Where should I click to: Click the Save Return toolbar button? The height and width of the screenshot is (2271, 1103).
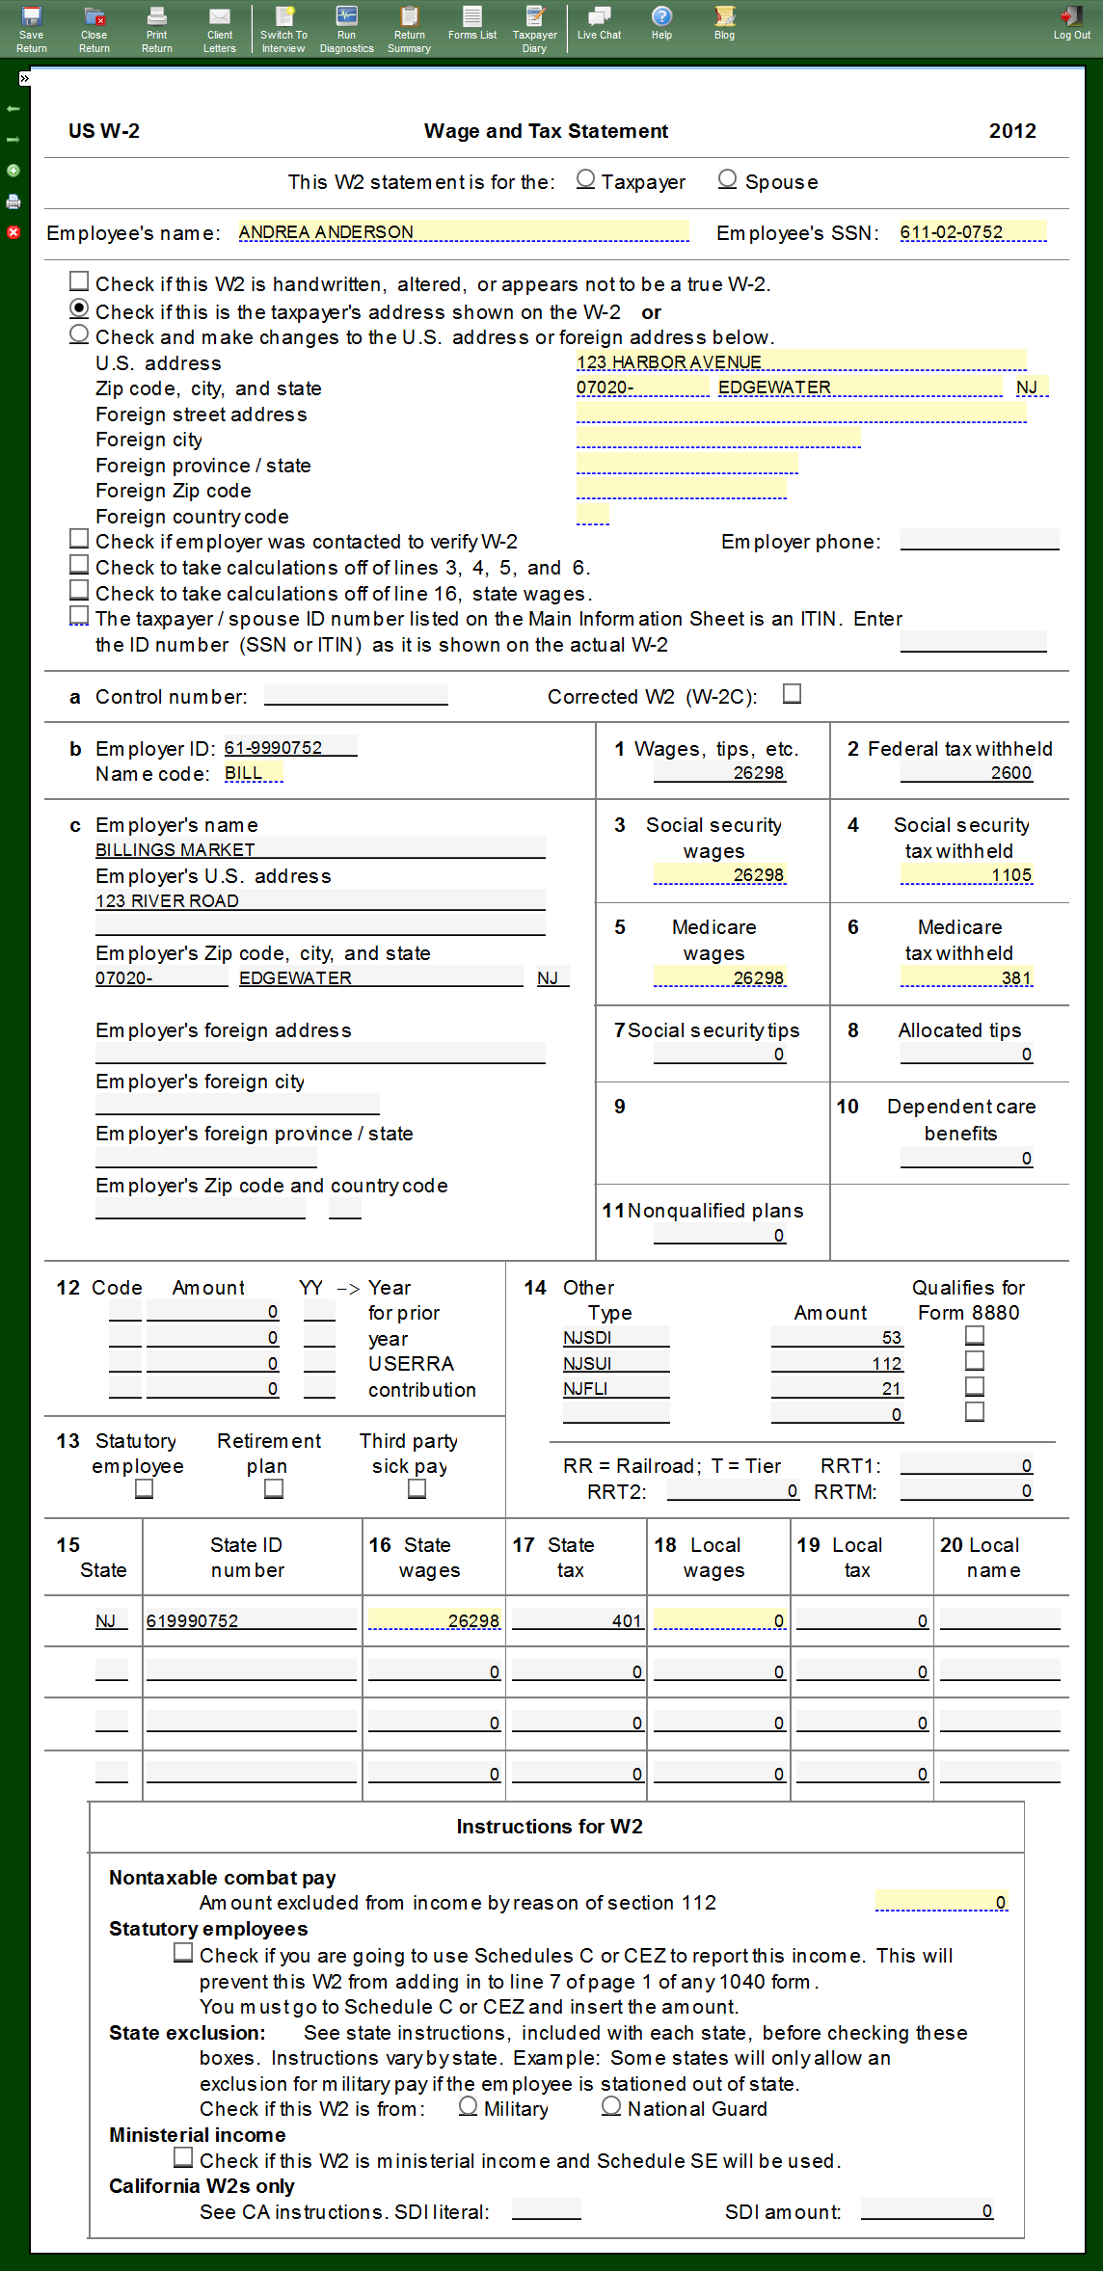coord(32,28)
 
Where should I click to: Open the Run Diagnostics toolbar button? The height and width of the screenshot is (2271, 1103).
coord(346,28)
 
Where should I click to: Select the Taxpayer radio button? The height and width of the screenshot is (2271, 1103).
coord(585,179)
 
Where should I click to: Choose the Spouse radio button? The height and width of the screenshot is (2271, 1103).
coord(728,179)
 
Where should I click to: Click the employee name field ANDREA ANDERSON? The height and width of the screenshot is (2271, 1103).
coord(463,232)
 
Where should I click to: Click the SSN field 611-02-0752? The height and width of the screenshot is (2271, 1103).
coord(972,232)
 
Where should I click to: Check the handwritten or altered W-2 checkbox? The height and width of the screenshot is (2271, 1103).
coord(79,281)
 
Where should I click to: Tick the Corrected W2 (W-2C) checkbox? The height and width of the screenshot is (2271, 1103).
coord(793,694)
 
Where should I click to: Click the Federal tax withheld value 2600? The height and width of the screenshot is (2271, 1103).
coord(966,773)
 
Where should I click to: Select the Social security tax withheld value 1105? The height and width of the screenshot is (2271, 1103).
coord(966,875)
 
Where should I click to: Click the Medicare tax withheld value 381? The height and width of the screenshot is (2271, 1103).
coord(966,978)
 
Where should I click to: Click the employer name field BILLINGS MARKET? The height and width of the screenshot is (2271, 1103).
coord(319,849)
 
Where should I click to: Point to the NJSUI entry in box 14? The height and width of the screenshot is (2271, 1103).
coord(615,1363)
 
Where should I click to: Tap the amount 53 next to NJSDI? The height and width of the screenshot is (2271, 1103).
coord(836,1338)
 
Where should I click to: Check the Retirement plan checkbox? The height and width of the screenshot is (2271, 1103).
coord(274,1489)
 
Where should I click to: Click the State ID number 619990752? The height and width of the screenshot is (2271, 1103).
coord(251,1621)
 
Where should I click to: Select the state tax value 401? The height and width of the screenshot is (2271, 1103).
coord(577,1621)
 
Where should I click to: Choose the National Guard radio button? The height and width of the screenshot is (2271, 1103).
coord(611,2106)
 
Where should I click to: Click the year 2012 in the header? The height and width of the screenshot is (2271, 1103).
coord(1012,131)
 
